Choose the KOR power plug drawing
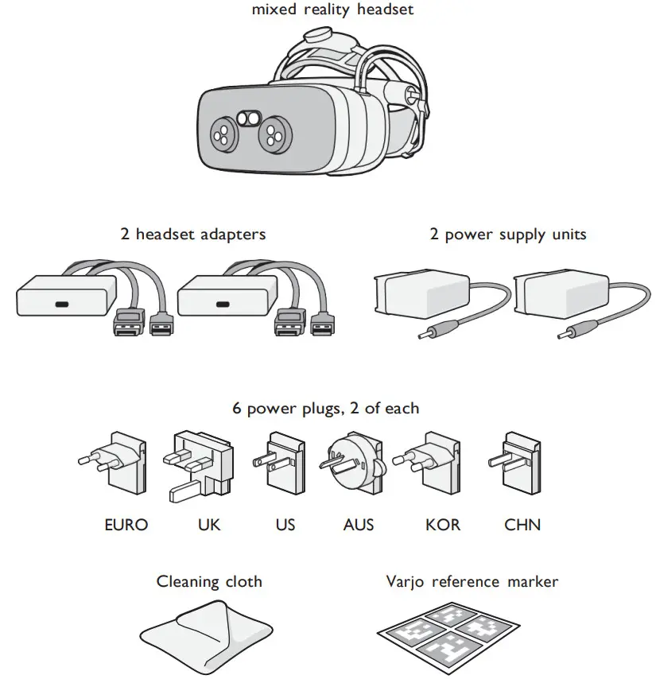pos(433,463)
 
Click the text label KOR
pos(443,525)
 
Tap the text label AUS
pos(359,525)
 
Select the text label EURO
pos(126,525)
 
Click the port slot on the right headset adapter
pos(223,304)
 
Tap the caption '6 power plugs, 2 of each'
pos(326,408)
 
